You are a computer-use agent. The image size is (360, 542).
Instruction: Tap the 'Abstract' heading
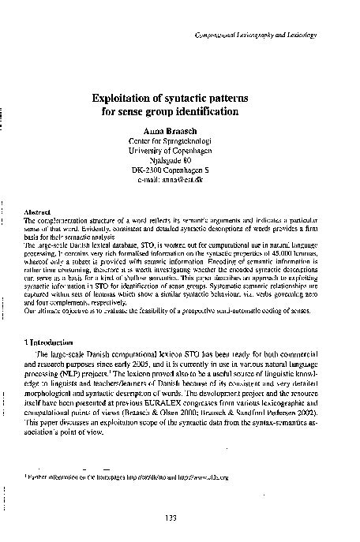pyautogui.click(x=39, y=212)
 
